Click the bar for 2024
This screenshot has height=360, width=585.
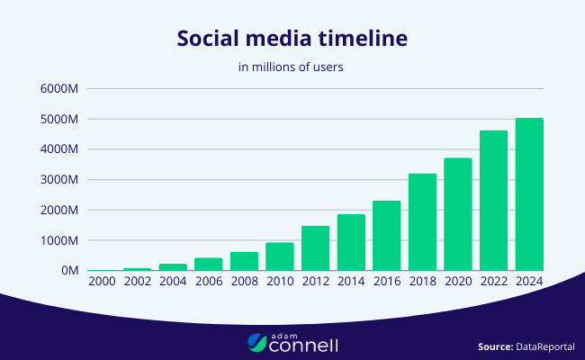(529, 194)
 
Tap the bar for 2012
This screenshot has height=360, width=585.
(315, 248)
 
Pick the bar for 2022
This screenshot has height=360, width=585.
(493, 201)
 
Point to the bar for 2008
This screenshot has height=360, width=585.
(244, 261)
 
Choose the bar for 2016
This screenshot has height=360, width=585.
(386, 236)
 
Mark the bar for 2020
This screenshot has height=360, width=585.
(458, 214)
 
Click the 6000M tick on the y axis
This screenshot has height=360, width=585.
(61, 89)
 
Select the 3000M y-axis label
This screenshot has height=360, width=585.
(61, 180)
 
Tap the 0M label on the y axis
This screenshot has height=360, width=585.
(71, 271)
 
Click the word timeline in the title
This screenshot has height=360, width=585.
(364, 40)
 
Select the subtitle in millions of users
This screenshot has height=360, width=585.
(292, 67)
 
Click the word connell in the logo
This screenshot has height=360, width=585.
(306, 344)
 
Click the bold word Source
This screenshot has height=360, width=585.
(495, 346)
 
